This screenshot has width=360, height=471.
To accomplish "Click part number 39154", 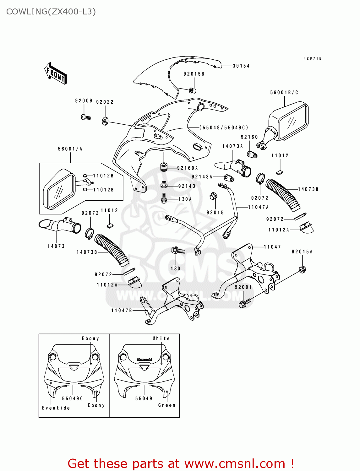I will pyautogui.click(x=241, y=66).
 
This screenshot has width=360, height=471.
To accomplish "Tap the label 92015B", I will pyautogui.click(x=194, y=74).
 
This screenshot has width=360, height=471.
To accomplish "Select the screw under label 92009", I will pyautogui.click(x=86, y=117).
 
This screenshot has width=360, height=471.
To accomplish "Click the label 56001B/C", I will pyautogui.click(x=284, y=93).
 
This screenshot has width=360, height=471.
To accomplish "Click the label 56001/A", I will pyautogui.click(x=70, y=149).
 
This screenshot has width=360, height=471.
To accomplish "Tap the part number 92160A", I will pyautogui.click(x=188, y=168).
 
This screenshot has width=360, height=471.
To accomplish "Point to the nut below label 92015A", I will pyautogui.click(x=303, y=269).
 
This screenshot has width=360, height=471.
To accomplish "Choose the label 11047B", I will pyautogui.click(x=122, y=311).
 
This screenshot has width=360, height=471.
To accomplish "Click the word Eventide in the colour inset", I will pyautogui.click(x=56, y=408).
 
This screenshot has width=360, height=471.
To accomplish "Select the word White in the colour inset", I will pyautogui.click(x=161, y=338).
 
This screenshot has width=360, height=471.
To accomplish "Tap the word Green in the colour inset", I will pyautogui.click(x=167, y=405).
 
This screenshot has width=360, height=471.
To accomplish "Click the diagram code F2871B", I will pyautogui.click(x=312, y=58).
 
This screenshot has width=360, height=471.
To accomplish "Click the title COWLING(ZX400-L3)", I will pyautogui.click(x=51, y=12).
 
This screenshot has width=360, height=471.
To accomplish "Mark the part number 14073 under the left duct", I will pyautogui.click(x=56, y=246).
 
